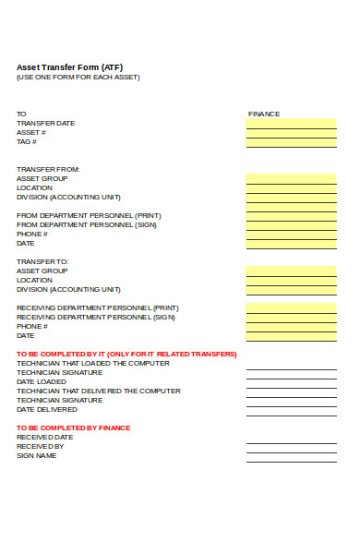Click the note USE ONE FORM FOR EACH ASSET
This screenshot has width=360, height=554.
pyautogui.click(x=78, y=78)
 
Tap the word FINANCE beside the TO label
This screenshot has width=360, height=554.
pyautogui.click(x=264, y=114)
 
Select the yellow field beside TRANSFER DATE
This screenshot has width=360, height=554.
pyautogui.click(x=291, y=123)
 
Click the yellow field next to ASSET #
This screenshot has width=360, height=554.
pyautogui.click(x=291, y=132)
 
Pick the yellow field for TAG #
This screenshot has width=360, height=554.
pyautogui.click(x=291, y=141)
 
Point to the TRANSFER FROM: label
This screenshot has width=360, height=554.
pyautogui.click(x=48, y=169)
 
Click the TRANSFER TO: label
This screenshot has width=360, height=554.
pyautogui.click(x=42, y=261)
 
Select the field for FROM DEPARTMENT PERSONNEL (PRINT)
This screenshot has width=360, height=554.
pyautogui.click(x=291, y=215)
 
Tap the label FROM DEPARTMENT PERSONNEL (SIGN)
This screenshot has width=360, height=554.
pyautogui.click(x=87, y=224)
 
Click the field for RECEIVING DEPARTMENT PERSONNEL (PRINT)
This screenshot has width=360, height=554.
pyautogui.click(x=291, y=307)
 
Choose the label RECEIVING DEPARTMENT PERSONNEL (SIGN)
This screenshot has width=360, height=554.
pyautogui.click(x=96, y=317)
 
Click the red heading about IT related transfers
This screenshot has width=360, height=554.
pyautogui.click(x=126, y=354)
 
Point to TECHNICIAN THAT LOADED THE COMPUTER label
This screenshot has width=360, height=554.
pyautogui.click(x=92, y=363)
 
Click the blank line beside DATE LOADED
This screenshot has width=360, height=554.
pyautogui.click(x=291, y=381)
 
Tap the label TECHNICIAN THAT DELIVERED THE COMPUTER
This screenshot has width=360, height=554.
pyautogui.click(x=99, y=391)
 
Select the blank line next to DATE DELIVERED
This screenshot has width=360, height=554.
pyautogui.click(x=291, y=409)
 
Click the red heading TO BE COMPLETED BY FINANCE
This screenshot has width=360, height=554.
pyautogui.click(x=73, y=428)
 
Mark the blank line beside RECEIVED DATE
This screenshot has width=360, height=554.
pyautogui.click(x=291, y=437)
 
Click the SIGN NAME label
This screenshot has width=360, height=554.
pyautogui.click(x=37, y=455)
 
